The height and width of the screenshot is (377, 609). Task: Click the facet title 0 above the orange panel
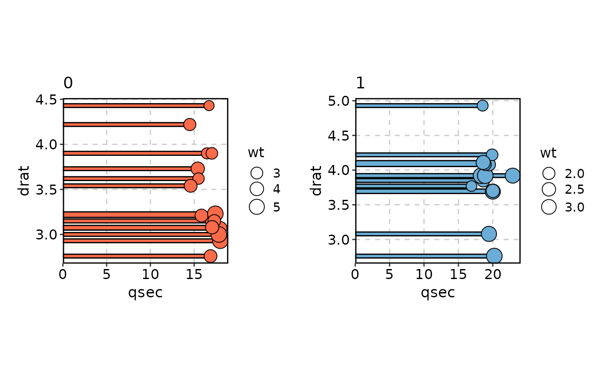68,83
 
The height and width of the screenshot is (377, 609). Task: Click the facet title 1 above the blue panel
360,83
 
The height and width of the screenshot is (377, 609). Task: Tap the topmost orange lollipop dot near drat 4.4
209,105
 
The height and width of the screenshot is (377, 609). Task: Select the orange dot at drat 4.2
190,125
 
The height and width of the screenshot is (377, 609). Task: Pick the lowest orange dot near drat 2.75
210,256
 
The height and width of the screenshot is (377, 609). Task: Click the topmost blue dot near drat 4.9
482,105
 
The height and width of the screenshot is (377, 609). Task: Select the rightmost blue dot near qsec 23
513,175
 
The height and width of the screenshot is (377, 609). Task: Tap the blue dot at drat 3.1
489,234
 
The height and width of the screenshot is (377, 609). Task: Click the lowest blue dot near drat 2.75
494,256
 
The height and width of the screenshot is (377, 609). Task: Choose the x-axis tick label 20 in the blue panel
492,274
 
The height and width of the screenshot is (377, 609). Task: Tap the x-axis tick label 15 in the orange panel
194,274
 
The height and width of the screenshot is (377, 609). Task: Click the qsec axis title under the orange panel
145,293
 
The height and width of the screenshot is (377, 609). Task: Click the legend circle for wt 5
257,207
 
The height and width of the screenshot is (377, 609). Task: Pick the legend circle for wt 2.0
549,174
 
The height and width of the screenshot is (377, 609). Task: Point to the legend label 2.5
574,190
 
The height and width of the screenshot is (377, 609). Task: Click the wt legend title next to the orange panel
256,153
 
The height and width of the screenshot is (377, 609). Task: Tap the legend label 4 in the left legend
277,190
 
